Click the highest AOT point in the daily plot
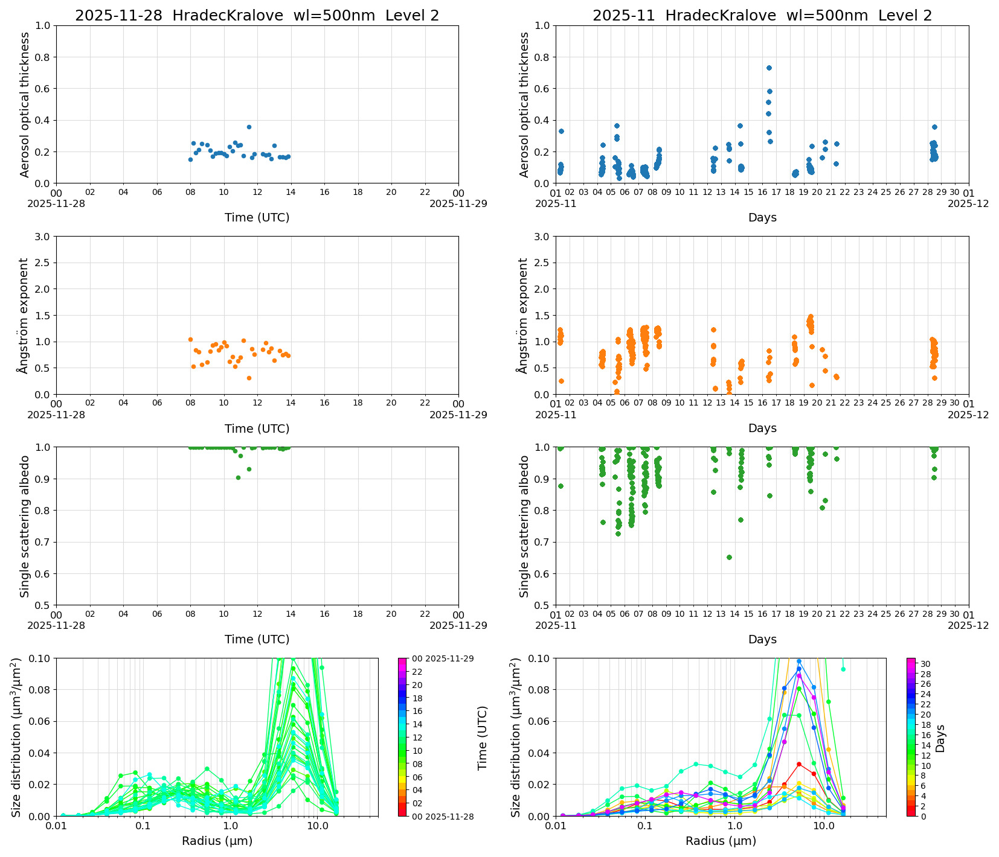(249, 127)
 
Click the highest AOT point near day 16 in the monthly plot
(769, 68)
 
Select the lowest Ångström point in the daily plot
(249, 378)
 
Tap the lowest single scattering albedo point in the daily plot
(238, 477)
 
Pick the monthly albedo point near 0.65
(729, 557)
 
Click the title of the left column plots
(257, 16)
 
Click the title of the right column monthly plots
(762, 16)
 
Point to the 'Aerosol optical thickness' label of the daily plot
(25, 104)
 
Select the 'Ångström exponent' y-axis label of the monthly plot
(524, 315)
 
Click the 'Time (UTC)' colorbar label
(482, 738)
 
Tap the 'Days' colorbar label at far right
(940, 738)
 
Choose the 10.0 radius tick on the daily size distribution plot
(317, 825)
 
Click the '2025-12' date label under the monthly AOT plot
(968, 204)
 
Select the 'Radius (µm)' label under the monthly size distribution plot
(721, 841)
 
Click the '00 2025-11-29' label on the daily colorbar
(443, 658)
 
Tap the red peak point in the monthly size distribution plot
(799, 764)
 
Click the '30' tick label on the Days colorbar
(925, 664)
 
